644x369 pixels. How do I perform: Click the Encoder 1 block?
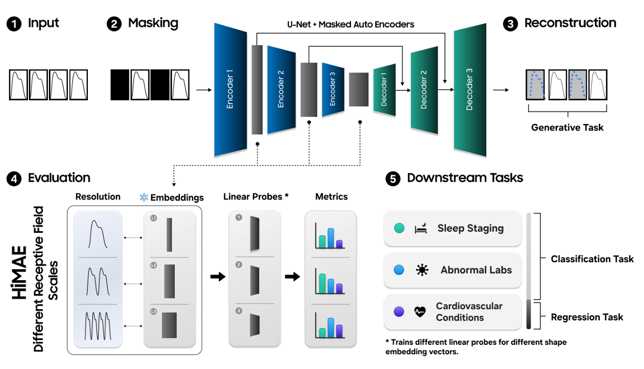pos(230,89)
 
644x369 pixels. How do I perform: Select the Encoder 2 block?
pos(281,89)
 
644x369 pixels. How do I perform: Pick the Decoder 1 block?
pos(384,89)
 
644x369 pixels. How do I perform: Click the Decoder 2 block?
pos(424,89)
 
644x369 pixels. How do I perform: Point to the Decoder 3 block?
pos(469,89)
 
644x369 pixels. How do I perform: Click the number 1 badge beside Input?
pos(14,24)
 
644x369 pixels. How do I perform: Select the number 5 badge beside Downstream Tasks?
pos(393,179)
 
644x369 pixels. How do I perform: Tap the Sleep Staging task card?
pos(453,229)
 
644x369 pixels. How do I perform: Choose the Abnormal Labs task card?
pos(453,270)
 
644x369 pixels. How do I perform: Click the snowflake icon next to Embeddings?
pos(144,198)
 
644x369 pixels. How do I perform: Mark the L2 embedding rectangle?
pos(169,281)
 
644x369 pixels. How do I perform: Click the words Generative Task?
pos(567,127)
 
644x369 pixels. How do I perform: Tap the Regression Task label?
pos(587,317)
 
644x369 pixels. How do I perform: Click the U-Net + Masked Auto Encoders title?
pos(350,24)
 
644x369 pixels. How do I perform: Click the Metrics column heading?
pos(331,197)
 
